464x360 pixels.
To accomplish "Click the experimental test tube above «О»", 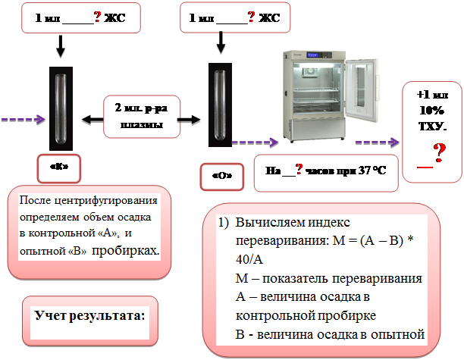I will [x=220, y=105].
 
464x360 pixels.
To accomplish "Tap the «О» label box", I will [x=221, y=175].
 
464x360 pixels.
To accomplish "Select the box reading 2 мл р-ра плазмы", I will [x=141, y=116].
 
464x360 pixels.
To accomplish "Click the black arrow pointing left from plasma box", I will [x=91, y=118].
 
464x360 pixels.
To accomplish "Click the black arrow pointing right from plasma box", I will [x=193, y=118].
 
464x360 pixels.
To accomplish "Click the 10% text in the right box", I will [x=432, y=110].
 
